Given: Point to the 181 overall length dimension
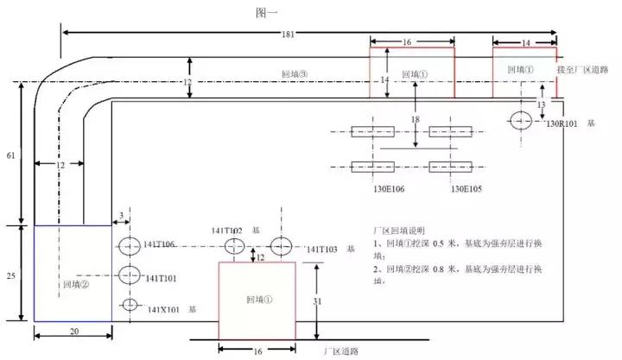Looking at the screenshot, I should [288, 35].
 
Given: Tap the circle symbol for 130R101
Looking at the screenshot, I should [522, 120].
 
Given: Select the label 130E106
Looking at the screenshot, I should [371, 188].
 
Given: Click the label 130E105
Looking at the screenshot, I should [466, 188].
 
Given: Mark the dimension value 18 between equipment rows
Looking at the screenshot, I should [416, 119].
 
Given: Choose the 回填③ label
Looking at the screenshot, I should [295, 75].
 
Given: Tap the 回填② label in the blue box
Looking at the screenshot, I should [76, 282].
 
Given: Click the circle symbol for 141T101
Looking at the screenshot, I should [129, 276].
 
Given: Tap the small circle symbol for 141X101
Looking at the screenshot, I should [129, 305].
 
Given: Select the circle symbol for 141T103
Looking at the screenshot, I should [282, 246].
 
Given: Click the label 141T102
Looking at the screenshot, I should [227, 231].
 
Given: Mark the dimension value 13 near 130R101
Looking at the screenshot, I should [542, 104].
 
